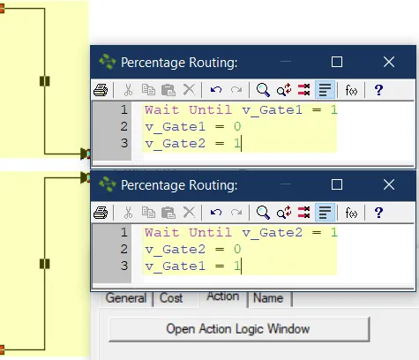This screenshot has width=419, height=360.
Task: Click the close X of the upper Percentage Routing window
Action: [x=389, y=62]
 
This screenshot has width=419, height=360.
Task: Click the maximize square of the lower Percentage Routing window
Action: [x=337, y=184]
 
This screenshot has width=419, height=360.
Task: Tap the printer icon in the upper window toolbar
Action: [x=101, y=90]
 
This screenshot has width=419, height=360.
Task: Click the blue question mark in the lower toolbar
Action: [x=378, y=213]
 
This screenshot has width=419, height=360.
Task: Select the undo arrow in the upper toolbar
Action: [x=216, y=89]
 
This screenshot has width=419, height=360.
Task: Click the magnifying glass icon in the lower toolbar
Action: [x=263, y=213]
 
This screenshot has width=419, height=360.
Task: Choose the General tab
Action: [x=126, y=298]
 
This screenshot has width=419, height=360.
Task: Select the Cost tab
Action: [x=171, y=298]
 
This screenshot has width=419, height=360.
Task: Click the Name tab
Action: [x=268, y=298]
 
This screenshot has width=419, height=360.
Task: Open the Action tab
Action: [x=223, y=296]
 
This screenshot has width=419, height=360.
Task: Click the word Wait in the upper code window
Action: [x=161, y=110]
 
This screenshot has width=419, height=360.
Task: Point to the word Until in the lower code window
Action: [x=210, y=233]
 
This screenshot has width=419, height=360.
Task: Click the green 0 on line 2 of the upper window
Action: [x=237, y=127]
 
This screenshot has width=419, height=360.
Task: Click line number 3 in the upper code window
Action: [x=124, y=143]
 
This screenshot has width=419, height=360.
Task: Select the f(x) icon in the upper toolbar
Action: [x=351, y=90]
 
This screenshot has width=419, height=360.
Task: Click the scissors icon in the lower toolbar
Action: [x=128, y=213]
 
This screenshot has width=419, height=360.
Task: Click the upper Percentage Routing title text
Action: [x=179, y=63]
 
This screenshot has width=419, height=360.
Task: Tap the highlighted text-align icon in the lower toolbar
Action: [x=325, y=213]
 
